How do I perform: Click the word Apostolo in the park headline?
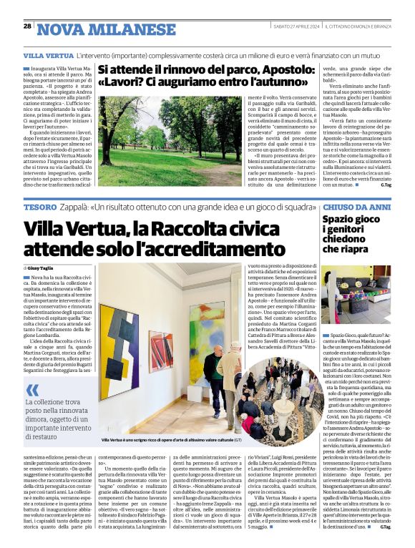(x=278, y=71)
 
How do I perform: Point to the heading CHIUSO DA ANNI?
(x=356, y=206)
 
